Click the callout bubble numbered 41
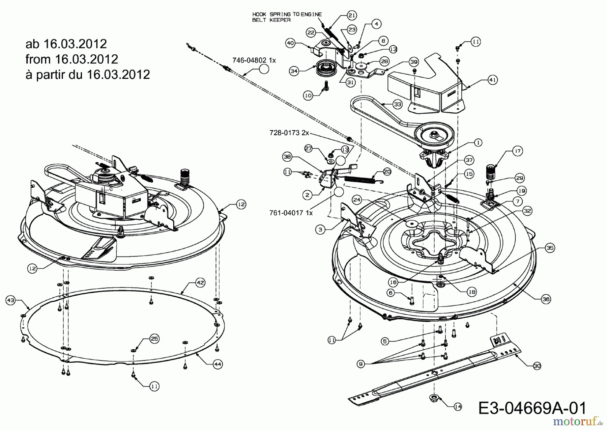coord(493,80)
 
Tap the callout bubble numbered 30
coord(537,365)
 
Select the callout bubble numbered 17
coord(518,151)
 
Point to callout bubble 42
coord(200,283)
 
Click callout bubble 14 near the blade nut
coord(458,407)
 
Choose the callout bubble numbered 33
coord(398,104)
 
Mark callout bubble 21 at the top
coord(351,15)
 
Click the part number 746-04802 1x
coord(254,60)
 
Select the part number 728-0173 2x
coord(289,133)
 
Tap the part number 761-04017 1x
coord(291,213)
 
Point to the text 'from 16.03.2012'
coord(71,59)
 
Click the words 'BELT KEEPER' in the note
coord(271,20)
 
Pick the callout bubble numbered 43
coord(11,300)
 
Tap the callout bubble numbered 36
coord(546,299)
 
